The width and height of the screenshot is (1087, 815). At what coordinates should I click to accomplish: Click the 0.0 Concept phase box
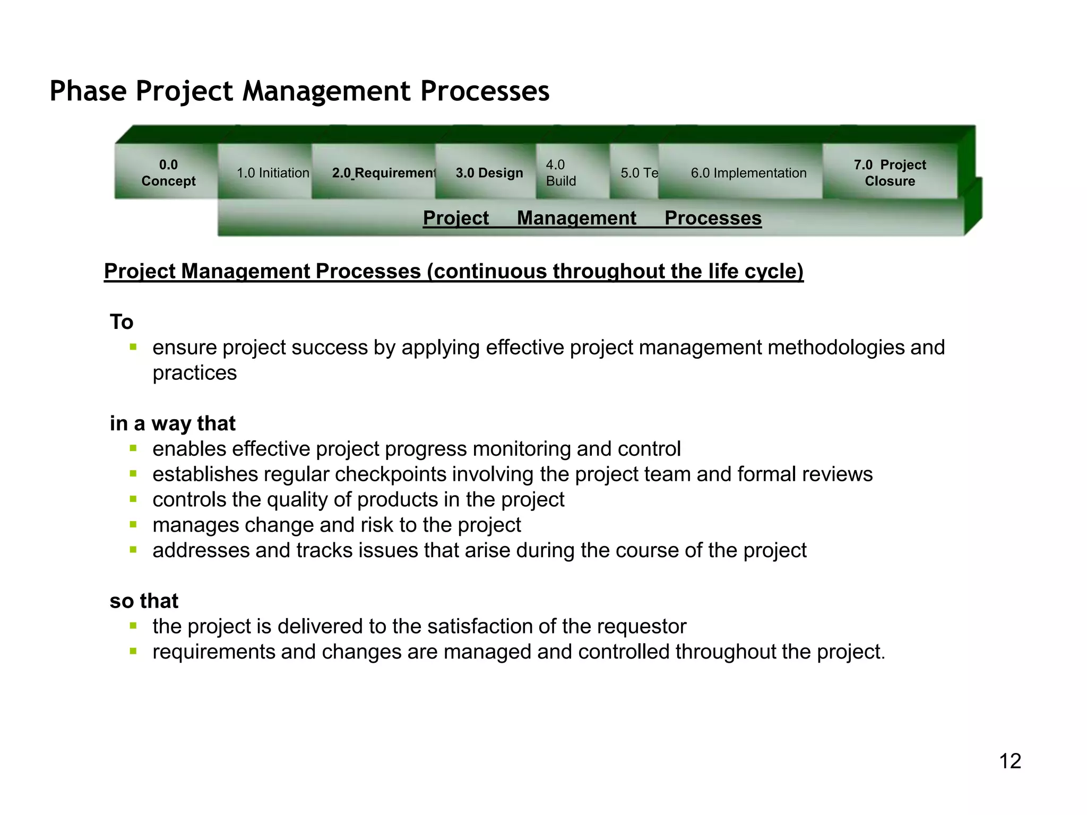168,173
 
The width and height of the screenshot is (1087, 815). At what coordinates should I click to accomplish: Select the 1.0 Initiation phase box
273,173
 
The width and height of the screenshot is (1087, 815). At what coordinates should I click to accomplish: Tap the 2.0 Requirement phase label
384,173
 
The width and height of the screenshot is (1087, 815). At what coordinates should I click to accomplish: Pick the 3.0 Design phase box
489,173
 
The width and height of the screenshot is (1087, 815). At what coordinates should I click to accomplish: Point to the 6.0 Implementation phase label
748,173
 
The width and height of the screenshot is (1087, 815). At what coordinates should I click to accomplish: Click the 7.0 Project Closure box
890,173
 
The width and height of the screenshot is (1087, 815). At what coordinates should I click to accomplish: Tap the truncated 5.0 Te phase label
639,173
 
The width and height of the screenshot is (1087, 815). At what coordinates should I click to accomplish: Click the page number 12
1010,761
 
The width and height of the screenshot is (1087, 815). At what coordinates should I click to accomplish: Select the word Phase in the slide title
88,91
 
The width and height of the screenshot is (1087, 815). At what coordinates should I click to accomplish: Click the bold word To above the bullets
122,322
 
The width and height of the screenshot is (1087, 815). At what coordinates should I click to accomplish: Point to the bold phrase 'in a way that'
172,423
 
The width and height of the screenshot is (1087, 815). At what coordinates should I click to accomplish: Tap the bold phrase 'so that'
144,601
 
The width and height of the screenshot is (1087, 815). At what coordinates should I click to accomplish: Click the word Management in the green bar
576,218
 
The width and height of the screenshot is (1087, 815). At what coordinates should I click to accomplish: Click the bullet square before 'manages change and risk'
133,525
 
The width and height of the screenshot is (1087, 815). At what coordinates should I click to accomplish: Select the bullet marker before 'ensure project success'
133,348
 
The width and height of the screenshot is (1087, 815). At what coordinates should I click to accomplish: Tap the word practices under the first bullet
195,373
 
